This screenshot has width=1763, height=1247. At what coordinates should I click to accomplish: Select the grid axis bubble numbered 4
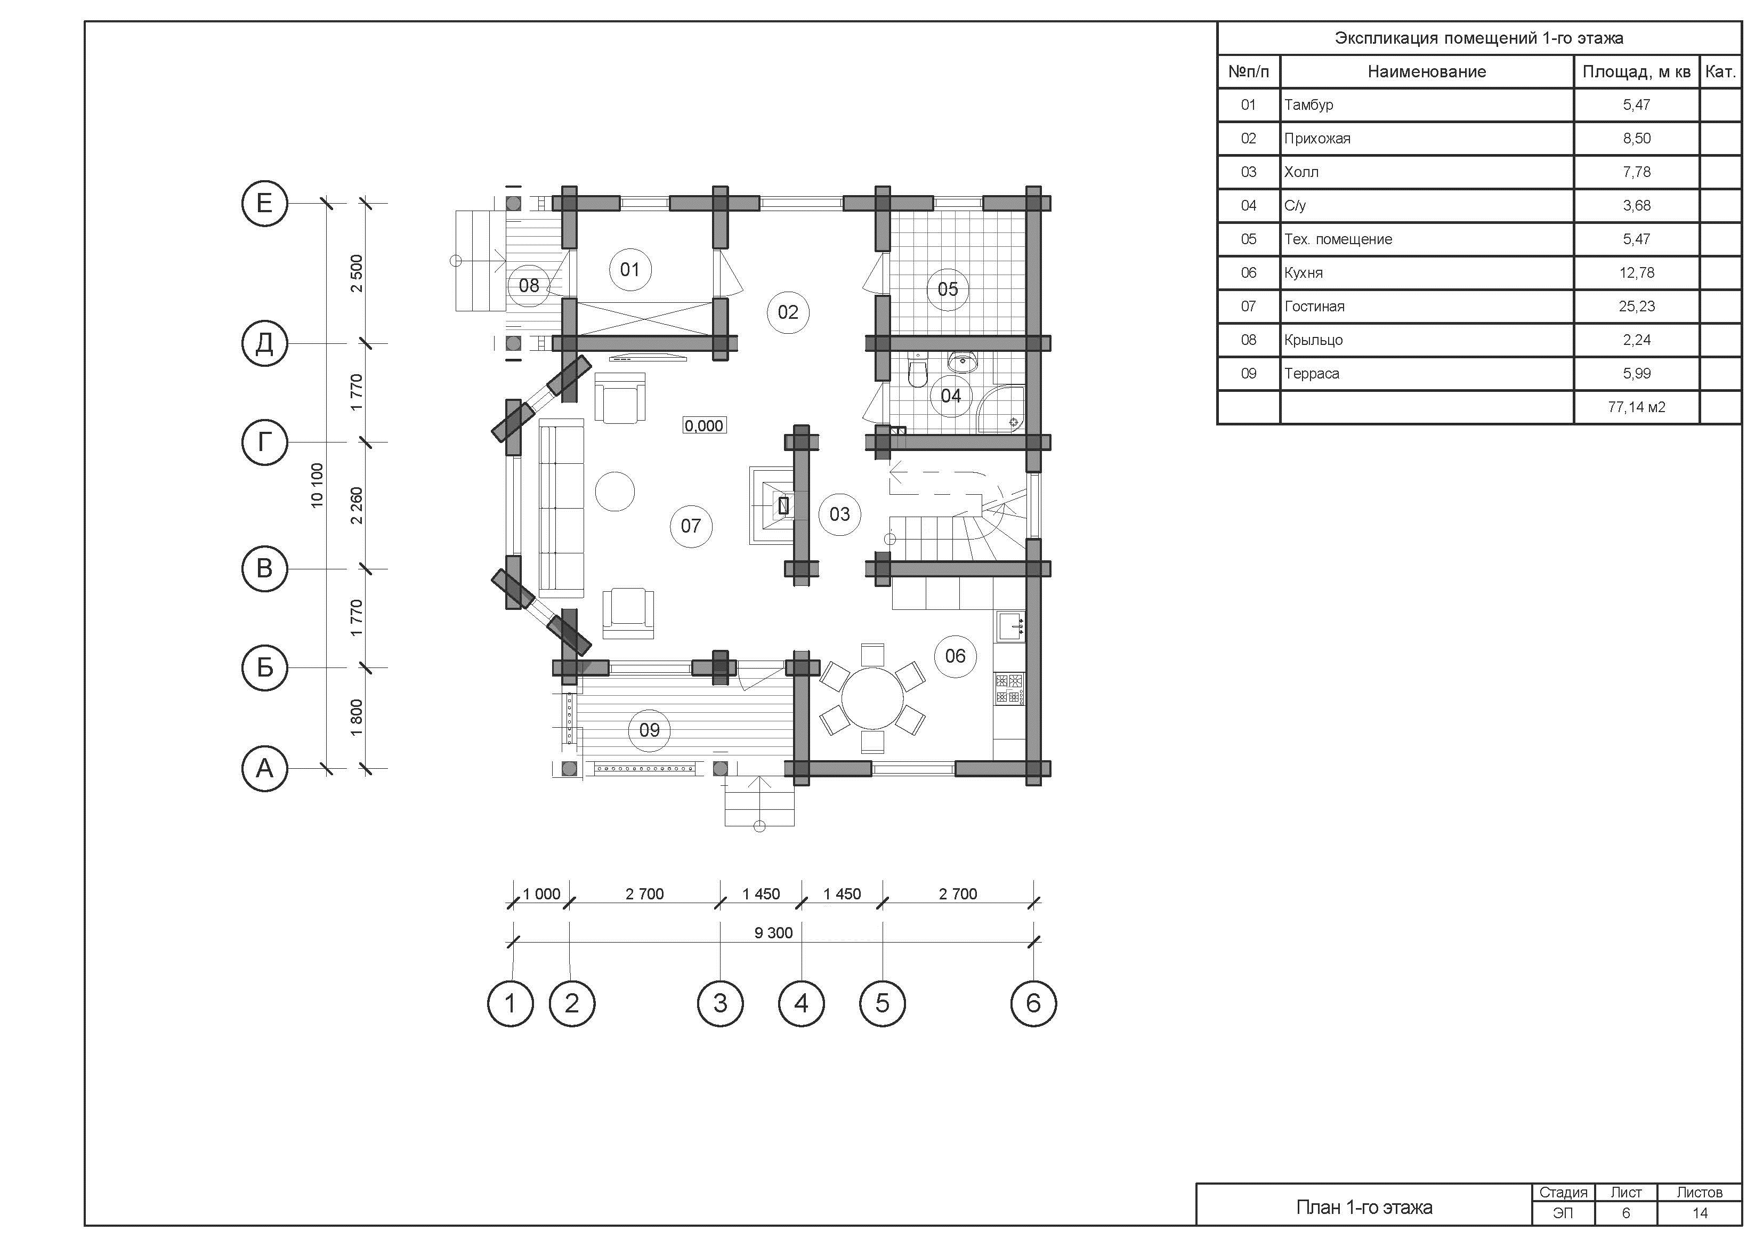801,1003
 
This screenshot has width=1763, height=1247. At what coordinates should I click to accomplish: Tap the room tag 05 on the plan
948,289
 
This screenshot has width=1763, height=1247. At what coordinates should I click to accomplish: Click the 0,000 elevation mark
703,425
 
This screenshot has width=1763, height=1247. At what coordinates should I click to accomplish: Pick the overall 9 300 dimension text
773,933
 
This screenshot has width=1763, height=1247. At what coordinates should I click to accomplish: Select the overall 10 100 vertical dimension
317,486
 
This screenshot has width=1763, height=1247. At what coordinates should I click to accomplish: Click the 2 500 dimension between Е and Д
357,273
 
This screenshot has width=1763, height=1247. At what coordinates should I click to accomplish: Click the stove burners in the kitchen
1009,688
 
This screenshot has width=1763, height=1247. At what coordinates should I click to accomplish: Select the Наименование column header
1427,71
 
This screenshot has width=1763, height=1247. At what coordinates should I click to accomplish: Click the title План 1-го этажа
1364,1207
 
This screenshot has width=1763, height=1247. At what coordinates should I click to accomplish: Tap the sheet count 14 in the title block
1700,1213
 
